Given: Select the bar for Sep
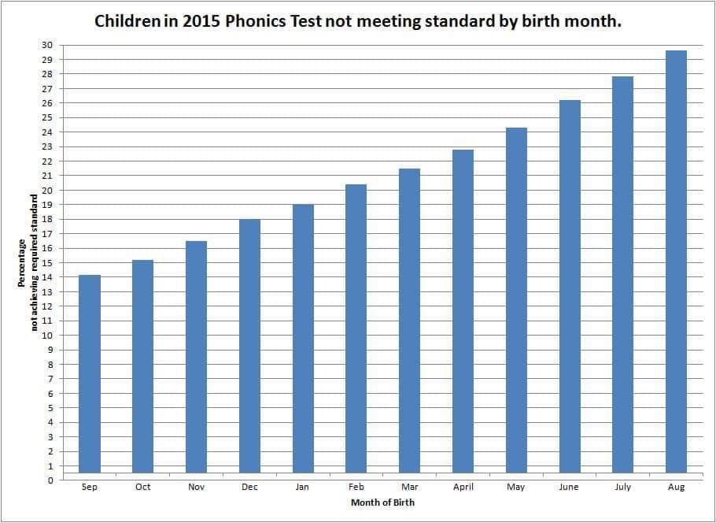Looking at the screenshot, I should (90, 377).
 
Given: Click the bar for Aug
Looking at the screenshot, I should (676, 265).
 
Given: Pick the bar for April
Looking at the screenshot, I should (463, 314).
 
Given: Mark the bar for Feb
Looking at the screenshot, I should (356, 332).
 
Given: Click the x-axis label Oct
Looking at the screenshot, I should (143, 488).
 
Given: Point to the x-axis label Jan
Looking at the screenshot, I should (303, 488).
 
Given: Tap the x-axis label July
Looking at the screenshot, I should (622, 488).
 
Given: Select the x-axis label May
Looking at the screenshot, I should (516, 488).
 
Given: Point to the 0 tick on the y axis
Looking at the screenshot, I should (50, 480).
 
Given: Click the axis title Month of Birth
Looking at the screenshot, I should (382, 503).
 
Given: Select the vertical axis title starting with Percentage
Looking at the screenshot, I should (28, 262).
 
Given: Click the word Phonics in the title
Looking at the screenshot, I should (256, 20).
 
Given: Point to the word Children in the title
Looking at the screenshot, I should (129, 20).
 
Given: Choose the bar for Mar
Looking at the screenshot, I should (409, 324).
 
